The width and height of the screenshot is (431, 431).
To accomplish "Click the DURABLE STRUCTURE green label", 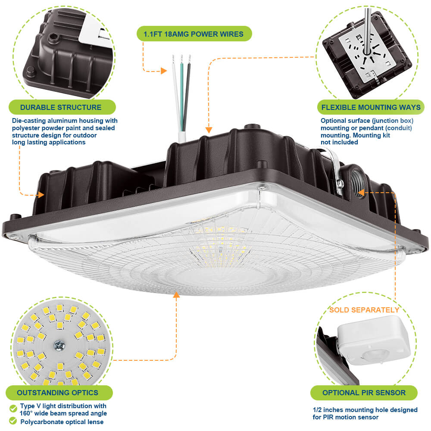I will (x=61, y=107).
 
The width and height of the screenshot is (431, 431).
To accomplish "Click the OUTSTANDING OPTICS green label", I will (x=58, y=393).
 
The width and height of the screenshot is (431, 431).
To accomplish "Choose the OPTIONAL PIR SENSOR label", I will (x=364, y=393).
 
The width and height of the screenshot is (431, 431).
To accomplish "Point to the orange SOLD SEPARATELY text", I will (x=364, y=310).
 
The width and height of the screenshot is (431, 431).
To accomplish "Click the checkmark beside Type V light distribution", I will (x=13, y=408).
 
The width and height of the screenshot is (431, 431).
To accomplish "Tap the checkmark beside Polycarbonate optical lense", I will (x=13, y=422).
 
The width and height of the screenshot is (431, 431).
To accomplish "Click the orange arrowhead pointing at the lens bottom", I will (x=176, y=295).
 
